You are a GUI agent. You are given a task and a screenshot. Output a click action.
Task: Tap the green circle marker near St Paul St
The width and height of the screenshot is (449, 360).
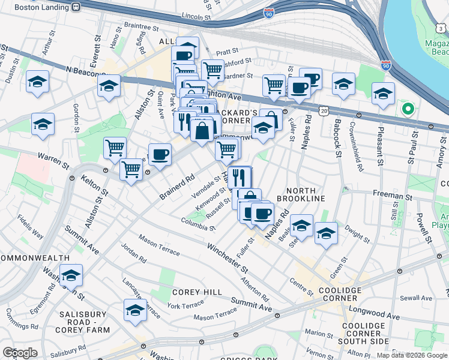[x=408, y=109]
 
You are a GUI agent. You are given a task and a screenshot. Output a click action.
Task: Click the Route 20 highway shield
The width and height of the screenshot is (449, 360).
[x=324, y=112]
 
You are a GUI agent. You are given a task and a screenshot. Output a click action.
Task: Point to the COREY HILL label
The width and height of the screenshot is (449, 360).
[x=190, y=292]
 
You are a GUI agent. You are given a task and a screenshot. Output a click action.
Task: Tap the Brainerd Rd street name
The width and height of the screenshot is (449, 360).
[x=178, y=187]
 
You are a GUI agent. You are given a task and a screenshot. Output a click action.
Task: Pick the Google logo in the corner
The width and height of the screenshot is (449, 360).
[x=19, y=352]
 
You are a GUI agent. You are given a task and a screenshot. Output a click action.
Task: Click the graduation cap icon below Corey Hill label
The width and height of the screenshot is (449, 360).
[x=135, y=311]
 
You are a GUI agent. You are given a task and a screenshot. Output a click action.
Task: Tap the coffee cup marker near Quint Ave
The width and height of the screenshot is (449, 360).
[x=160, y=155]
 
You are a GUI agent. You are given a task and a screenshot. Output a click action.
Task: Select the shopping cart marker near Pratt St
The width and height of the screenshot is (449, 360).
[x=212, y=70]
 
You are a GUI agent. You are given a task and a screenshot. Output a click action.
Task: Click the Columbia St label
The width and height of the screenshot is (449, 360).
[x=198, y=224]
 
